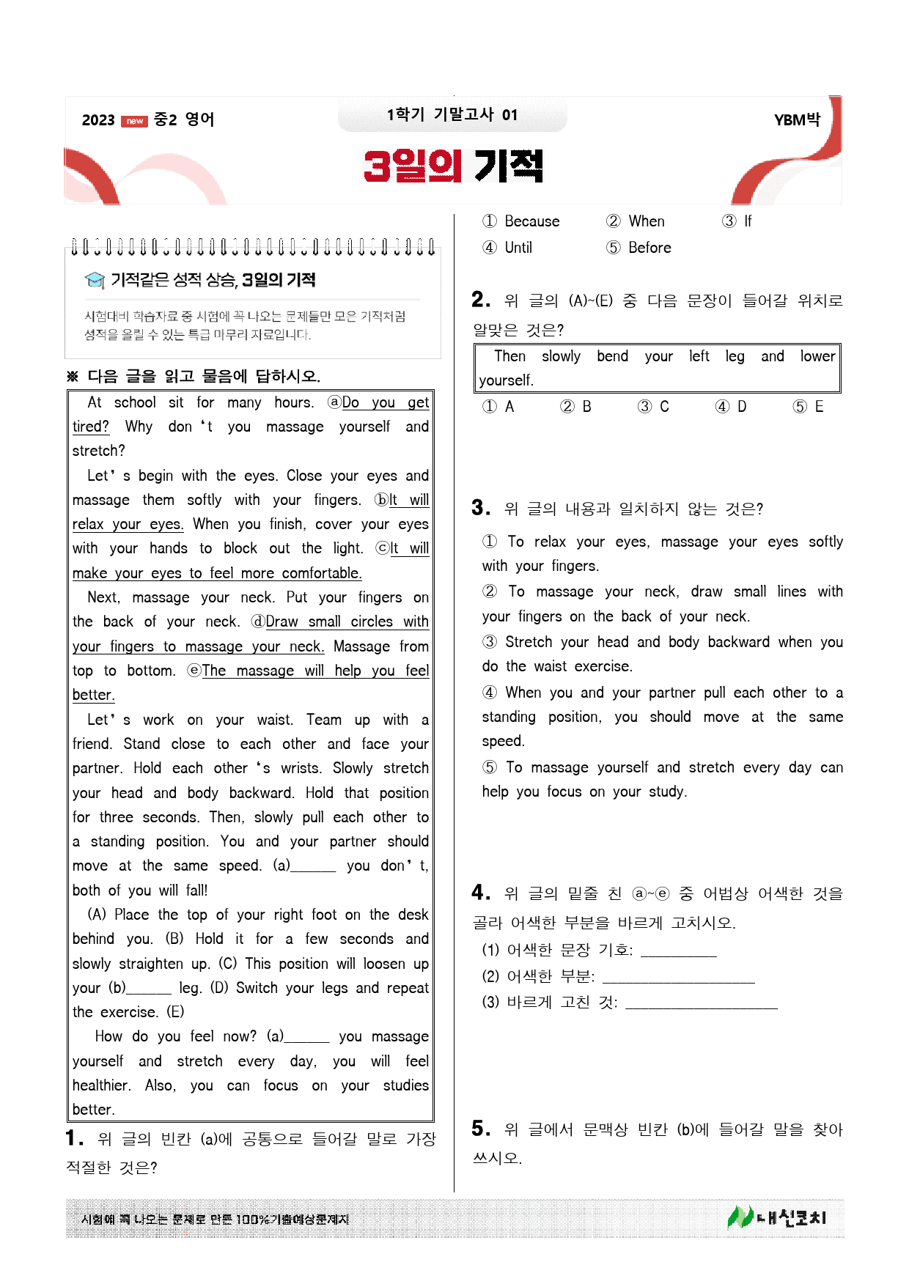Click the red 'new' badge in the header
tap(134, 121)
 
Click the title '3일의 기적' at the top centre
tap(453, 166)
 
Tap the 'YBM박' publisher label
tap(797, 119)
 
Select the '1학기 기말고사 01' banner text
tap(452, 114)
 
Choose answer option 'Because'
tap(531, 221)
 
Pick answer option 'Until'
tap(518, 248)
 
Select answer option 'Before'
tap(649, 248)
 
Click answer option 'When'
tap(646, 221)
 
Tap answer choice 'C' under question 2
tap(663, 407)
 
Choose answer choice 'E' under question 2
tap(818, 407)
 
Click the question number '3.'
tap(481, 508)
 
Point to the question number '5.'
tap(481, 1129)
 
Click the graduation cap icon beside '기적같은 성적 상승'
tap(95, 280)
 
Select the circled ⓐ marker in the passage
tap(334, 402)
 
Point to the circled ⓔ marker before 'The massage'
tap(194, 671)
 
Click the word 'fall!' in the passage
tap(196, 890)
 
